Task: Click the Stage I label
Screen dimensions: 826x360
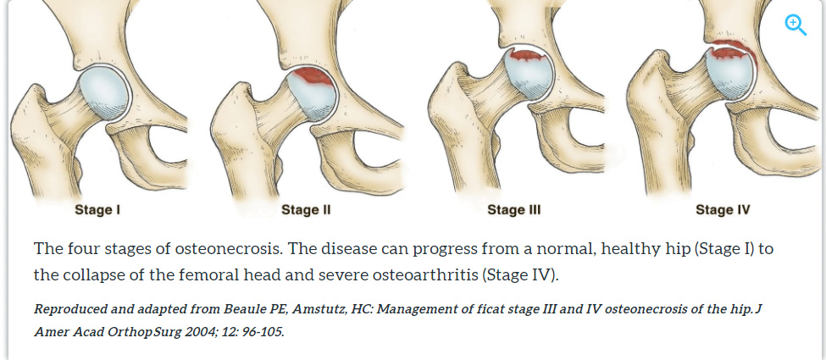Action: point(97,210)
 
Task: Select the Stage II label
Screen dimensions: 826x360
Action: point(306,210)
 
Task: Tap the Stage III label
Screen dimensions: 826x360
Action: point(514,210)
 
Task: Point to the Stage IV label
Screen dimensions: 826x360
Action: point(723,210)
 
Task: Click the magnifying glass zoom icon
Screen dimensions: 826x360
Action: point(796,25)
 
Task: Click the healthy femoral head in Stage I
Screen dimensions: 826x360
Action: point(103,93)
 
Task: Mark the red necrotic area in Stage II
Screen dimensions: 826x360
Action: point(315,79)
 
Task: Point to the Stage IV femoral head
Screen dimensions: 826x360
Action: point(729,72)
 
